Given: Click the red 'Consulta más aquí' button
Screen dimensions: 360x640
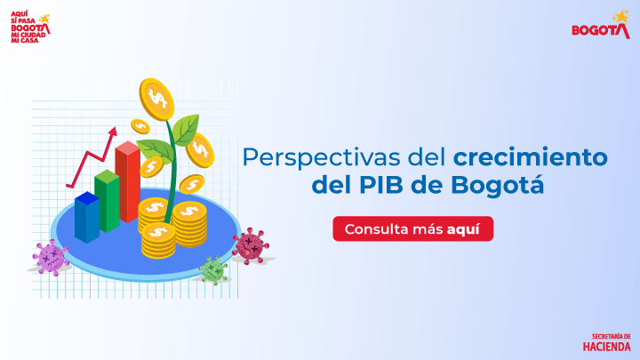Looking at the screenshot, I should click(x=412, y=228).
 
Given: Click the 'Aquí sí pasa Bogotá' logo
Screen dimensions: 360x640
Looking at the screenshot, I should click(x=29, y=24).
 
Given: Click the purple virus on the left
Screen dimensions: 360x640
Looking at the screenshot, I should click(x=52, y=257).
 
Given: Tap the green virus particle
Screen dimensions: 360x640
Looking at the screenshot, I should click(x=212, y=269).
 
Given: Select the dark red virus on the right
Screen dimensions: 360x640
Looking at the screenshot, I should click(x=251, y=244).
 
